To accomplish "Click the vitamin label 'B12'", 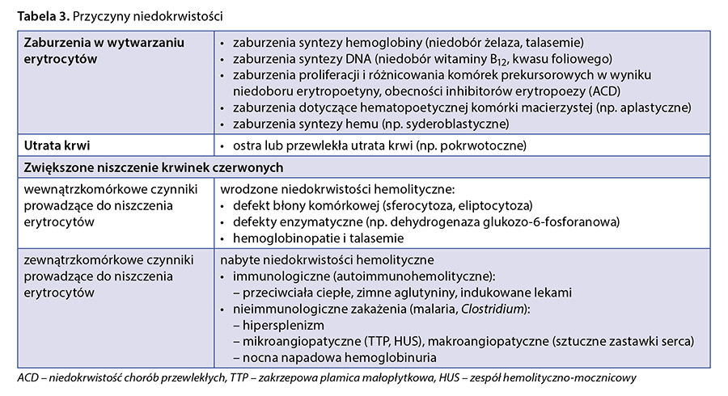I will pos(518,60).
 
